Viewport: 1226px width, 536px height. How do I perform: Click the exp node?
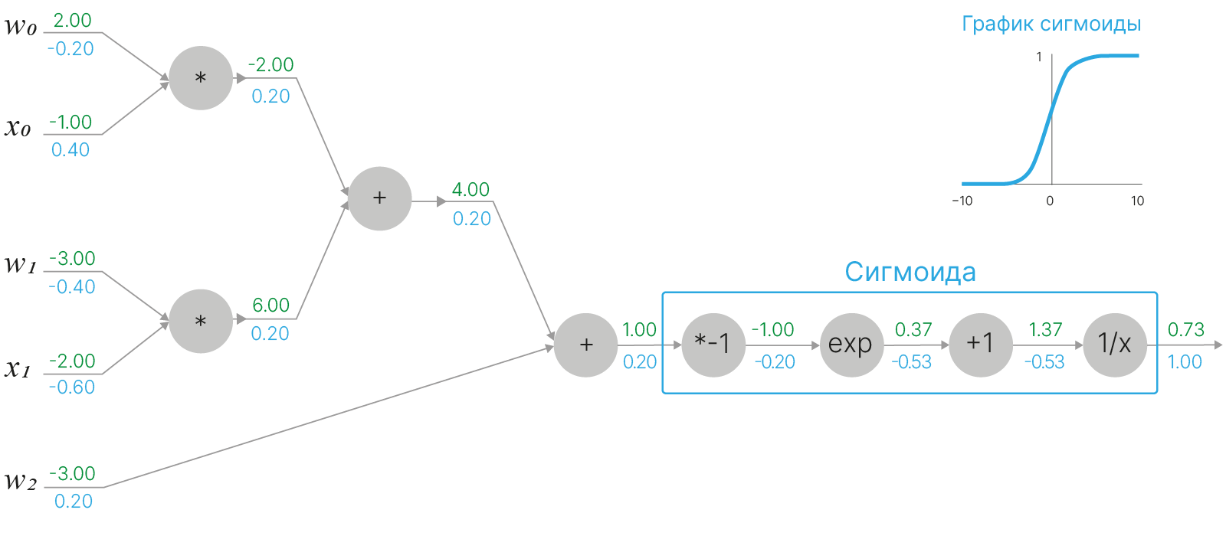851,345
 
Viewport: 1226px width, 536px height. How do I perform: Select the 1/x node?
1115,345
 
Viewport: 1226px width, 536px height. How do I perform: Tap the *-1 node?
713,345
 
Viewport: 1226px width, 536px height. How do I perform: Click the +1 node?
981,345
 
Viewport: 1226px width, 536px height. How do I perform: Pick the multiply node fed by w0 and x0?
201,78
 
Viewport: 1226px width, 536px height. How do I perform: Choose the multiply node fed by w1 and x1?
201,321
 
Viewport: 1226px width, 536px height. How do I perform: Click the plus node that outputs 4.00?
379,198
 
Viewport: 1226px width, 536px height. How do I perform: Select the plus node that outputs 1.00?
586,345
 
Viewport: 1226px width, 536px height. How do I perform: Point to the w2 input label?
21,482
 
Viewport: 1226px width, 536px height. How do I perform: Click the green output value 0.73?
1185,330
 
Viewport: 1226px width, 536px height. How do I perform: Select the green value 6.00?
271,305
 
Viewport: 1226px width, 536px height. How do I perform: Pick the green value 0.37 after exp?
913,330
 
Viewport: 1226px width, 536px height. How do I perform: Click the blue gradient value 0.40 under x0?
70,150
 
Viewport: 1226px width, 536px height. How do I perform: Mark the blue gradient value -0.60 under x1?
71,387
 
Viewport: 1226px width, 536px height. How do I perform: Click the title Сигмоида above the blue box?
910,272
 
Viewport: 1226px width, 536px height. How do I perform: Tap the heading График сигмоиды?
1051,24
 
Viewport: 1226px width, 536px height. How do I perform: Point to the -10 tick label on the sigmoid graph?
962,201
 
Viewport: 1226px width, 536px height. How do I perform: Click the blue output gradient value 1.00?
1185,361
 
